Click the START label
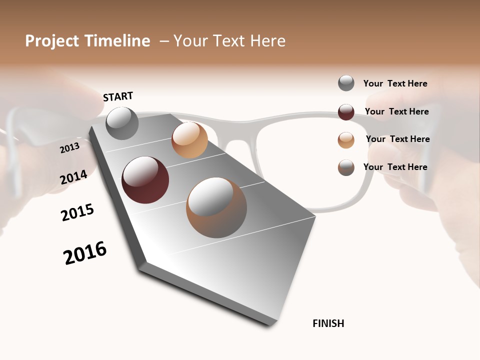point(118,96)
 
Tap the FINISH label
point(328,323)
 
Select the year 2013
point(69,147)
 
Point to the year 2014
point(73,177)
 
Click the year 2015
point(77,212)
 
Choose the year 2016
point(85,253)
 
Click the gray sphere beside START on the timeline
point(122,123)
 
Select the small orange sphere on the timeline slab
point(189,140)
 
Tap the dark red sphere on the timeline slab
point(145,180)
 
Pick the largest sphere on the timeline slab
point(216,207)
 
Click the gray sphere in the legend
point(346,83)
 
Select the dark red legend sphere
point(346,112)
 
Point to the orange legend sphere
point(346,140)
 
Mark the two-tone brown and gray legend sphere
point(346,167)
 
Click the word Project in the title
point(52,41)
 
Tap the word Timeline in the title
point(117,41)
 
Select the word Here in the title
point(267,41)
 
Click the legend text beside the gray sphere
point(395,83)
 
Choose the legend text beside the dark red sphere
point(396,111)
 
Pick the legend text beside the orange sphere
point(397,139)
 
